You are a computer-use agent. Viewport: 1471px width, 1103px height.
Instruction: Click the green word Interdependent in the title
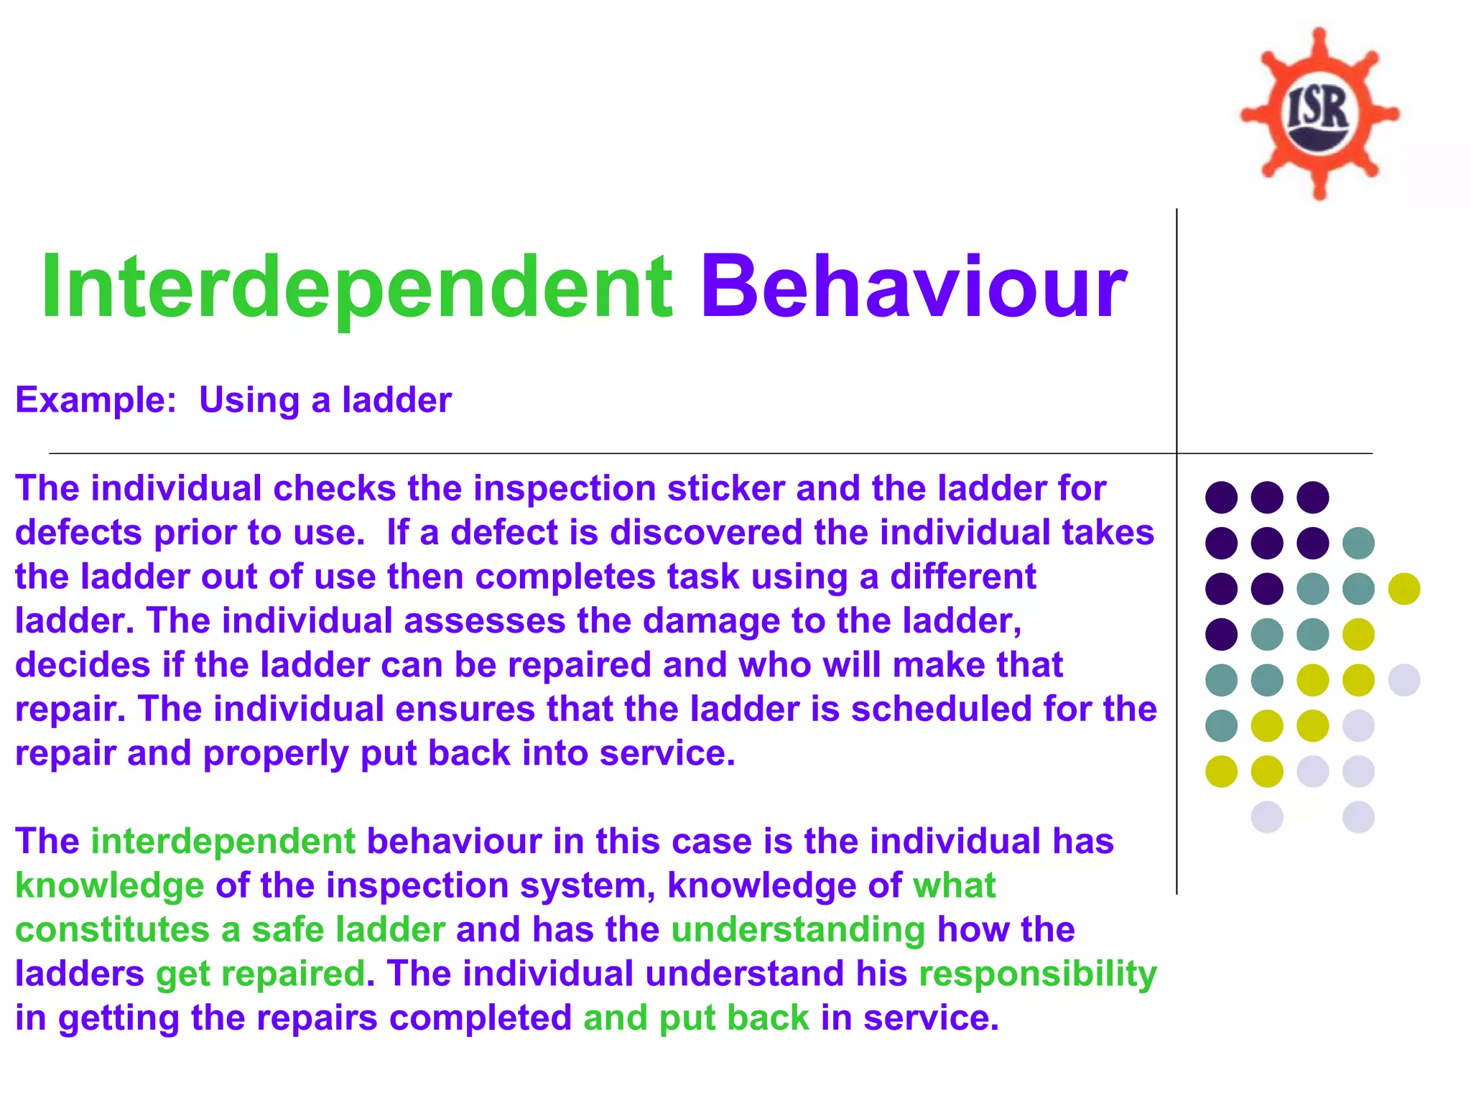point(356,287)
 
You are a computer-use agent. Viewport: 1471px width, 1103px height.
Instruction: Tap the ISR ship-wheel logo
point(1319,113)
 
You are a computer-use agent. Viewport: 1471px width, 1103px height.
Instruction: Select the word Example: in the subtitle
point(96,400)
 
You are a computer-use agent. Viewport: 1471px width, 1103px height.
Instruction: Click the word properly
point(276,754)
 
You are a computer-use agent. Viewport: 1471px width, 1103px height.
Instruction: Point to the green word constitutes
point(112,930)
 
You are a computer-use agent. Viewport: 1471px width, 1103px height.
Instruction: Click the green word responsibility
point(1038,974)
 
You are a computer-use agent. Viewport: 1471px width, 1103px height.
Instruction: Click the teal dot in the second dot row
point(1358,543)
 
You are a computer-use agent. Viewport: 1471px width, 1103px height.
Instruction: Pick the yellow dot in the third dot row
point(1404,589)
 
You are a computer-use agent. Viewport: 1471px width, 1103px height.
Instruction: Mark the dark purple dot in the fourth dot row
point(1221,634)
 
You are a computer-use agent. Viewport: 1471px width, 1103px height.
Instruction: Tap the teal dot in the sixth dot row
point(1221,725)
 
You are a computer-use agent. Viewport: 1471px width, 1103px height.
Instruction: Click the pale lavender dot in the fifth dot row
point(1404,680)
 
